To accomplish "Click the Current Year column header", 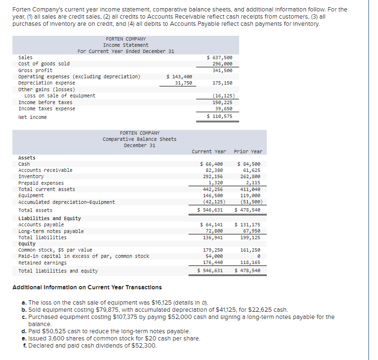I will point(209,151).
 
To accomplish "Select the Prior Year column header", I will point(248,151).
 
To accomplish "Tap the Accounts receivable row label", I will point(45,170).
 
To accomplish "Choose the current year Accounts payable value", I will point(211,224).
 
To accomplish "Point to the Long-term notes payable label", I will point(51,231).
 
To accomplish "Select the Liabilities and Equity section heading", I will point(50,218).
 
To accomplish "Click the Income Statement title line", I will point(126,45).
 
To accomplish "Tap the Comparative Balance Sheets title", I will point(139,139).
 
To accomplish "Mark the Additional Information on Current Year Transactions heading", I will point(86,287).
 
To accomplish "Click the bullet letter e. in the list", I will point(24,339).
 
